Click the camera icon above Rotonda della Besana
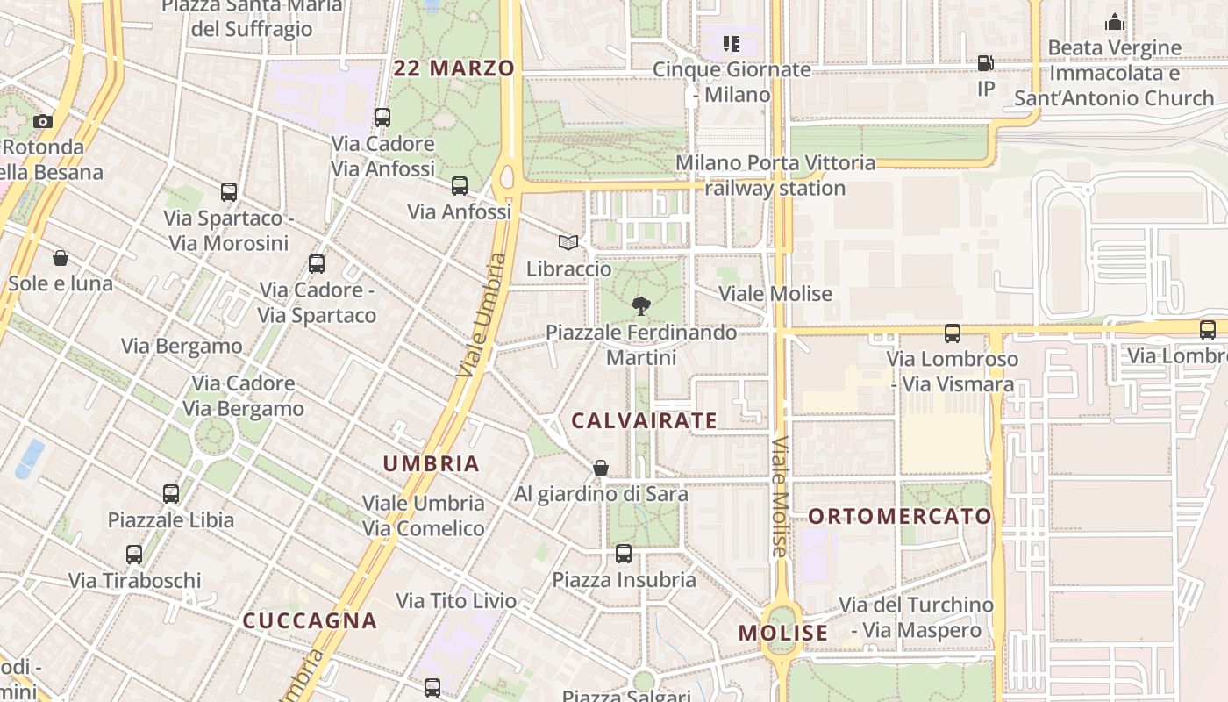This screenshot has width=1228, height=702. (42, 121)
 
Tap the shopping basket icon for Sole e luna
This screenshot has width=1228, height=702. (61, 258)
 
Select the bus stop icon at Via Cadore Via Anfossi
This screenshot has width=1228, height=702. (382, 117)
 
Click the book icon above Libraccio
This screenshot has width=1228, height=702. (568, 242)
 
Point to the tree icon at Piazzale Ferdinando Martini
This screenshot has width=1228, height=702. (641, 306)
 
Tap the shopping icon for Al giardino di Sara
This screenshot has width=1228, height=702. (601, 468)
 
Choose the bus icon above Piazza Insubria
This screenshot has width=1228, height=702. (624, 554)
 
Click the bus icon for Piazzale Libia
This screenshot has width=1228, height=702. (171, 494)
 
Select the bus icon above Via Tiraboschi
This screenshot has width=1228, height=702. (134, 555)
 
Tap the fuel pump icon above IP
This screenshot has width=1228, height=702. (986, 63)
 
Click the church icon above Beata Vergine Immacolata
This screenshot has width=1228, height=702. (1115, 22)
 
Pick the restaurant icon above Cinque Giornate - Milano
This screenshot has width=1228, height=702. (731, 44)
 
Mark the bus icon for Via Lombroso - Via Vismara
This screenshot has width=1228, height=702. (953, 333)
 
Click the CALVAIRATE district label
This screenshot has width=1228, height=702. (644, 421)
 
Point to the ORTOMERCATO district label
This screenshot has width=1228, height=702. (899, 516)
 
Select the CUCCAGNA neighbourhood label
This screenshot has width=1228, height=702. (310, 620)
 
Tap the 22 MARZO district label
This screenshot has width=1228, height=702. (454, 68)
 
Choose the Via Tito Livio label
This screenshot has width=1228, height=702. (456, 601)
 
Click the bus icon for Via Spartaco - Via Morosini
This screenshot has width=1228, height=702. (229, 192)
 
